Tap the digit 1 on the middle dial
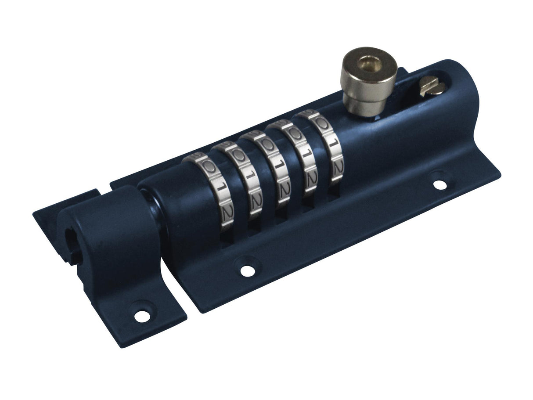pos(276,169)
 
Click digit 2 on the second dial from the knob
pos(311,177)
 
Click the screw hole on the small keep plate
pos(141,315)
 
